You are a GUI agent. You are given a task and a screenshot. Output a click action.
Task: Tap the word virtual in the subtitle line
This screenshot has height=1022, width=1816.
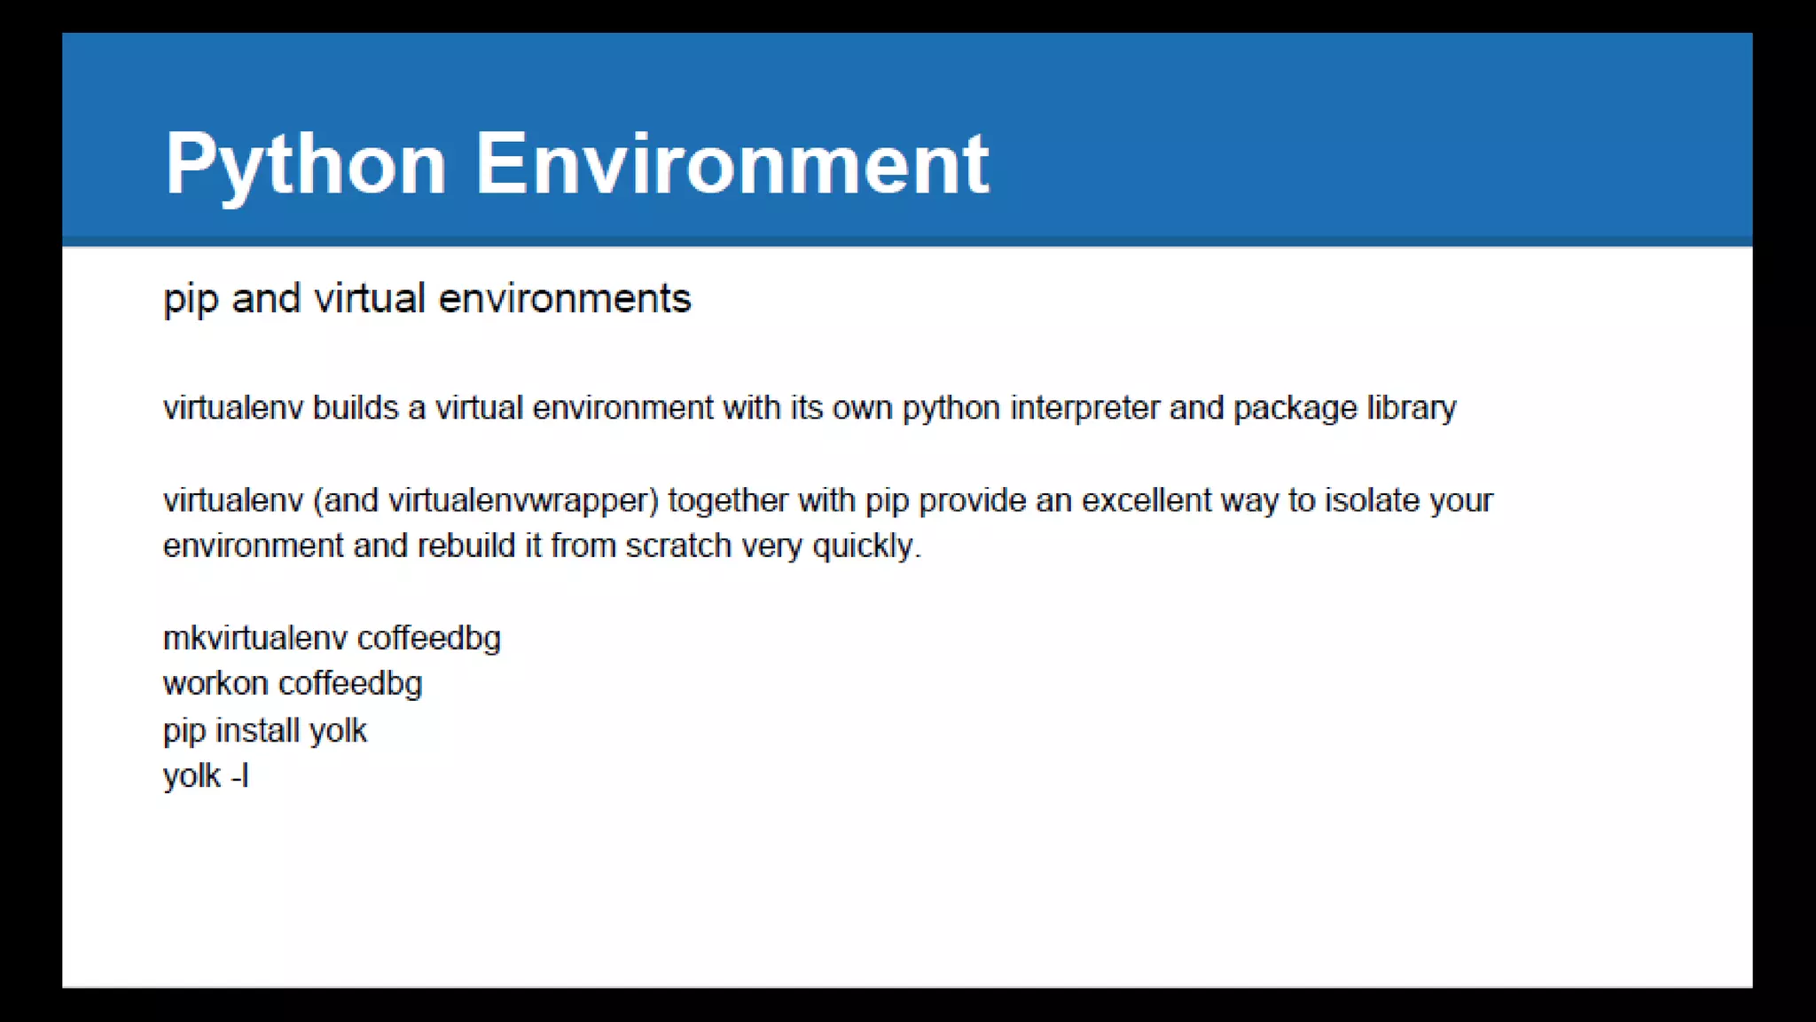[370, 298]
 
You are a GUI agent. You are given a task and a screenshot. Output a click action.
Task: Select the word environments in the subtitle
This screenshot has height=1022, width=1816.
[565, 298]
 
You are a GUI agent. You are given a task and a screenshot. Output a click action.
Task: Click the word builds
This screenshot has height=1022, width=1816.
[356, 408]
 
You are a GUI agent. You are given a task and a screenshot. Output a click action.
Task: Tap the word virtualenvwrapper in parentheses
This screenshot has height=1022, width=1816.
[523, 501]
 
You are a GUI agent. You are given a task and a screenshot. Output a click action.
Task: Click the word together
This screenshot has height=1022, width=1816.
[728, 501]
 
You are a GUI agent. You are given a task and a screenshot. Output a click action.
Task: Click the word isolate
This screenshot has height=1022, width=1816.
[1372, 500]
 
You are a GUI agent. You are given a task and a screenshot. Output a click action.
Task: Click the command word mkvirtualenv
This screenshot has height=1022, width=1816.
[255, 639]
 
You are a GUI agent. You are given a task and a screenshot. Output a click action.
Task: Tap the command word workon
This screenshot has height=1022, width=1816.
[215, 684]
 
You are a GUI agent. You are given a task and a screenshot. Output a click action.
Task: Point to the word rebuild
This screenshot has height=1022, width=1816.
[466, 546]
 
